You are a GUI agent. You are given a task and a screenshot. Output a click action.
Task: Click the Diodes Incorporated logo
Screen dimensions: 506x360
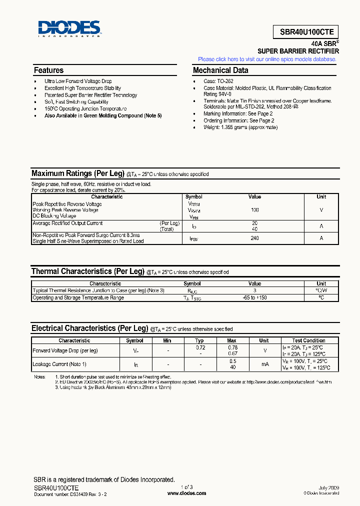point(69,29)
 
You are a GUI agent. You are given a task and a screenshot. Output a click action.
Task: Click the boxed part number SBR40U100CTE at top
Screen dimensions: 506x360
point(306,31)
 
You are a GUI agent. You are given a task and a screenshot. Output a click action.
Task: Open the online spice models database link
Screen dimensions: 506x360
point(267,59)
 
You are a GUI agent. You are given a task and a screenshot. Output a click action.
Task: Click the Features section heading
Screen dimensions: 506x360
point(48,70)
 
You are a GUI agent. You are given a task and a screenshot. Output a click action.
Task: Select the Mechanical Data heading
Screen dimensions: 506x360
point(220,70)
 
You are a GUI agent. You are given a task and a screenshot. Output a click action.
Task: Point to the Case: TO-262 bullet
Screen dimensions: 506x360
point(218,81)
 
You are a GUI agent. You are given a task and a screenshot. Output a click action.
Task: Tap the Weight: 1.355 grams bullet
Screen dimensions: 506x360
point(240,127)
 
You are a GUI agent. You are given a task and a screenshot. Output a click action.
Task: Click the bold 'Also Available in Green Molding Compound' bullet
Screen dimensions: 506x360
point(103,115)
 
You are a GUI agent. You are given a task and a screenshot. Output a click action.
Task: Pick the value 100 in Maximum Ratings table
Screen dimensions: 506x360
point(254,210)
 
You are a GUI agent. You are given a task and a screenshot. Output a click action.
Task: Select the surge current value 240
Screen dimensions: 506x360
point(254,238)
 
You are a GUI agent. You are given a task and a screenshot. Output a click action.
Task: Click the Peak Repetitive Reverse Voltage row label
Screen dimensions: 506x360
point(67,204)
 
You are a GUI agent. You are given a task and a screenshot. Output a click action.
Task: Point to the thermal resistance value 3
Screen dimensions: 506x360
point(254,290)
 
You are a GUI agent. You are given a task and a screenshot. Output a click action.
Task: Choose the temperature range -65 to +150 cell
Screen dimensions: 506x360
point(254,297)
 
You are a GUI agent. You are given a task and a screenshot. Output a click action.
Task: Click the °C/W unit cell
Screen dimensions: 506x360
point(321,290)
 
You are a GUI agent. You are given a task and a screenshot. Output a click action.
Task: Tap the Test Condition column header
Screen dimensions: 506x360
point(308,340)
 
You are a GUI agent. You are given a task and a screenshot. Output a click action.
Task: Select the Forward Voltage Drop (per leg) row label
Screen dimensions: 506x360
point(65,350)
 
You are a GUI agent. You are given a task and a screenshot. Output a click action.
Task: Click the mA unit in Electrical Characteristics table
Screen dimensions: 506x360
point(264,364)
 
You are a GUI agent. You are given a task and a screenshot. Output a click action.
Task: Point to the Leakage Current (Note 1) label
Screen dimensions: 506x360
point(59,364)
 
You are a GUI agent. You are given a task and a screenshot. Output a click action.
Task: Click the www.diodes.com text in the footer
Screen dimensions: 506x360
point(186,493)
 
